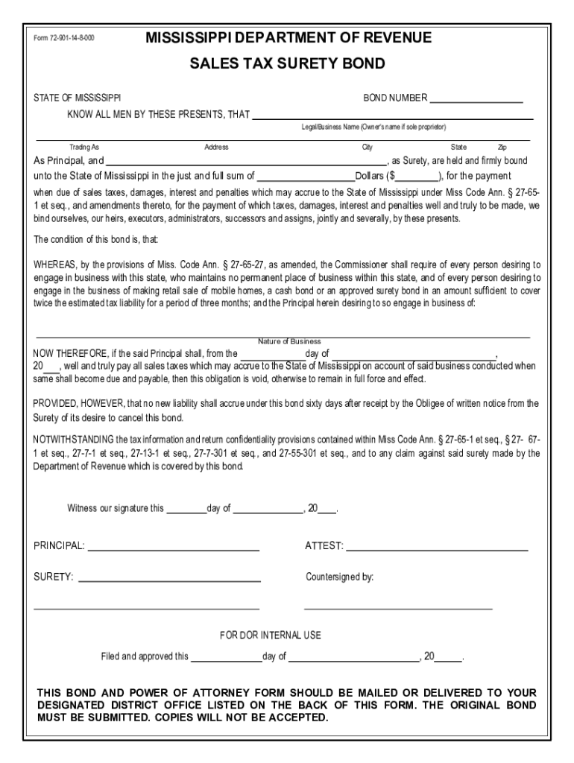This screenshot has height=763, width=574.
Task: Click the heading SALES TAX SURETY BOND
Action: [x=287, y=64]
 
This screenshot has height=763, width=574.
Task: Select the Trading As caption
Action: [x=84, y=148]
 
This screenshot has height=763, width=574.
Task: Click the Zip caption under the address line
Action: [x=502, y=148]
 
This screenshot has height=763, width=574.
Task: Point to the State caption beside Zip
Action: [x=458, y=148]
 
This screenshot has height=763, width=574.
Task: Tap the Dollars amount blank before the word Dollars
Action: [x=306, y=177]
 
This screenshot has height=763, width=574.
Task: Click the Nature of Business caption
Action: [x=289, y=341]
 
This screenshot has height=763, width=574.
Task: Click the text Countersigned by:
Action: [x=340, y=577]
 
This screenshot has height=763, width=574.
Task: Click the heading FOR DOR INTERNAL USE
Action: [x=271, y=636]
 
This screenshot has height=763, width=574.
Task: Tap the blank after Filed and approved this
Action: [x=227, y=657]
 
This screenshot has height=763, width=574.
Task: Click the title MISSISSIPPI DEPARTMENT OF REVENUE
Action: [x=288, y=38]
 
